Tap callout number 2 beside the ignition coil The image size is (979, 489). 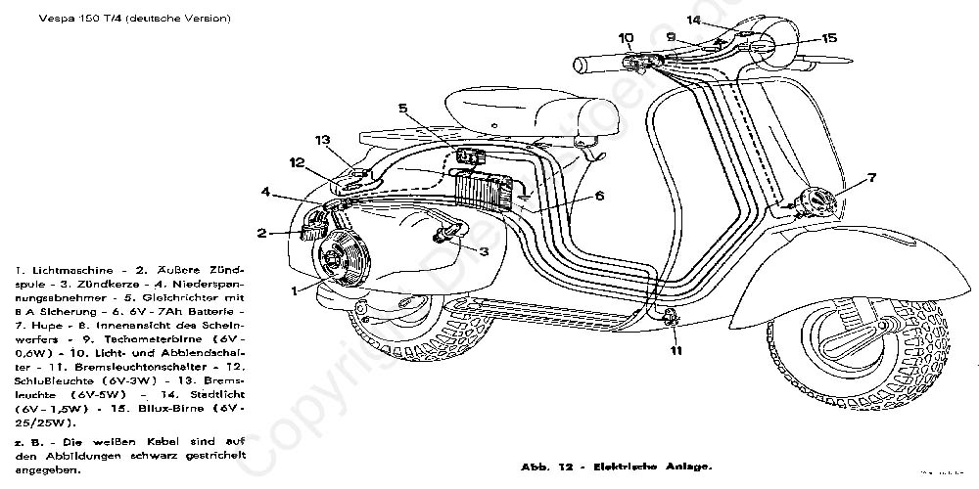coord(262,233)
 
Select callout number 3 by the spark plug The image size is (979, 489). coord(484,250)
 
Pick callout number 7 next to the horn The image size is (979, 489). coord(872,178)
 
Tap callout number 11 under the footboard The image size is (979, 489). coord(675,349)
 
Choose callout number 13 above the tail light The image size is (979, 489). coord(323,140)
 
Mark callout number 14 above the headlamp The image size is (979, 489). coord(694,21)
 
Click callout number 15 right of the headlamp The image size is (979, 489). coord(829,38)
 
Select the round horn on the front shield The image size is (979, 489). coord(815,202)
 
